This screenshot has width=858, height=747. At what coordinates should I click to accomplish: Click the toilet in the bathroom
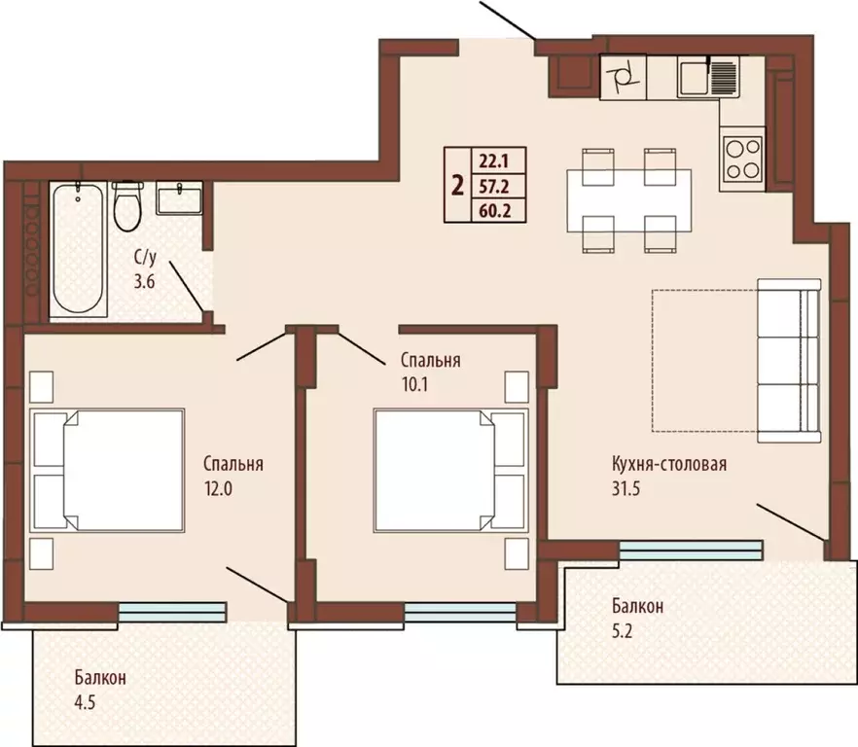(127, 206)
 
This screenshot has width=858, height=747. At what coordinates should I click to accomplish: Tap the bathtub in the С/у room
(78, 249)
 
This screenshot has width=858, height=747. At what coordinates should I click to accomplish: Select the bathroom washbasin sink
(179, 197)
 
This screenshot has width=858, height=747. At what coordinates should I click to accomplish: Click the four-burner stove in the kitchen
(742, 159)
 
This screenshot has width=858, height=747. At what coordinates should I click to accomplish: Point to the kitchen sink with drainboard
(708, 77)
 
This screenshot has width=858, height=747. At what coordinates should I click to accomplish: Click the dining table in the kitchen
(628, 200)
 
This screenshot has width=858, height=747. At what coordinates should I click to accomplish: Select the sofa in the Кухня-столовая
(789, 361)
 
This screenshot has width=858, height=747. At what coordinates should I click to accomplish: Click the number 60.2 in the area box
(494, 211)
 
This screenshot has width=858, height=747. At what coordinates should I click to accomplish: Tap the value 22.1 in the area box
(494, 161)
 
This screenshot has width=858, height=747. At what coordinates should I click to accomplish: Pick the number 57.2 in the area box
(494, 187)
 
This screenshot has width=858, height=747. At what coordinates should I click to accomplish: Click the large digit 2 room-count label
(457, 186)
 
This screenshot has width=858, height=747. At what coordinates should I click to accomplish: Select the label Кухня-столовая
(669, 464)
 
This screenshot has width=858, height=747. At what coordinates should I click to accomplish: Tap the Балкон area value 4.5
(85, 701)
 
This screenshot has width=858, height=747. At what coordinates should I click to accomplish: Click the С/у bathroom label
(146, 257)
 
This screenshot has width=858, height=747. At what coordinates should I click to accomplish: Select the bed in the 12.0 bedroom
(107, 470)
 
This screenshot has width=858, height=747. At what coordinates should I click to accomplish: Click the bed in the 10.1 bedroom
(451, 470)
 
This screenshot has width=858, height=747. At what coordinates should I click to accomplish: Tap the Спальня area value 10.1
(415, 385)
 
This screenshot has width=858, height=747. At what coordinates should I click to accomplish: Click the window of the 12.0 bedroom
(172, 613)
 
